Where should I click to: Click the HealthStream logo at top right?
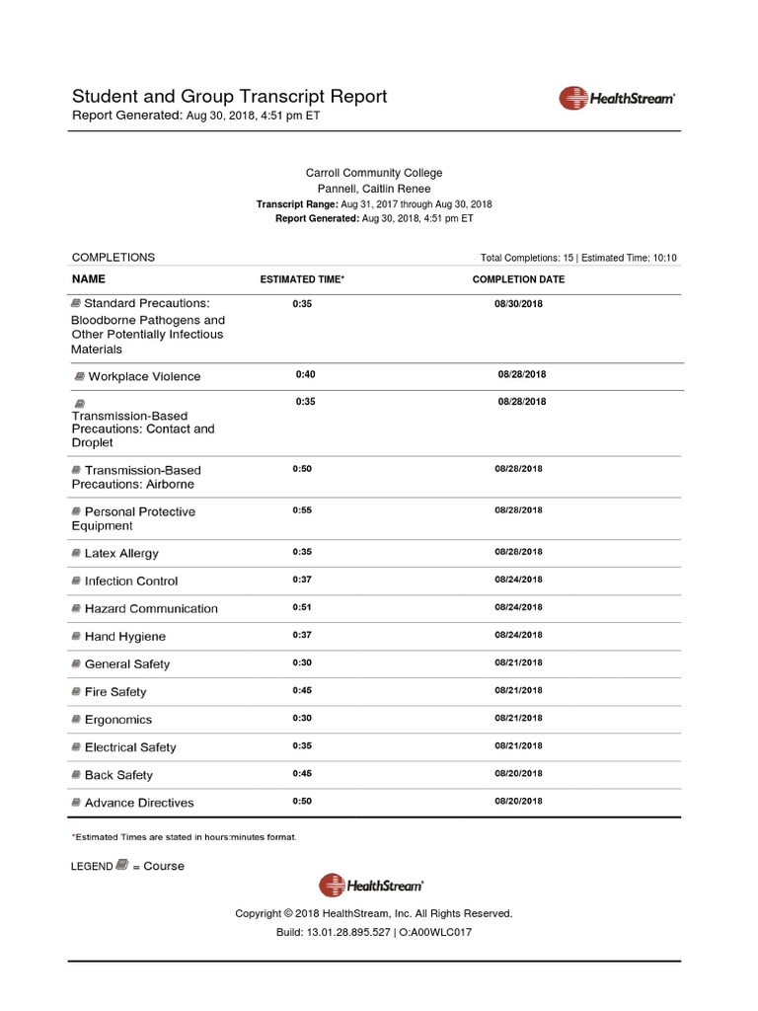617,98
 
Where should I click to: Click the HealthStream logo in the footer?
371,886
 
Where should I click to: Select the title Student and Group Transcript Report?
229,97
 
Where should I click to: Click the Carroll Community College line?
373,173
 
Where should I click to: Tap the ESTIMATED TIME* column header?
302,279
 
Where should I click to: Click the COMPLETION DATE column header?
518,279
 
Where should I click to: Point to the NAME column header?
89,279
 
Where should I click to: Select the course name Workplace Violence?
144,376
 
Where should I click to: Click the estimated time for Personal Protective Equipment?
302,510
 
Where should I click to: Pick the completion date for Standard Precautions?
518,304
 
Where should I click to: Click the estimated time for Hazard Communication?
302,607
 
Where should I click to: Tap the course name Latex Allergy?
121,554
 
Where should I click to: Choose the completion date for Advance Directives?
518,801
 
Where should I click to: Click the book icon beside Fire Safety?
77,692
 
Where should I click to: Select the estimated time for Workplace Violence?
305,375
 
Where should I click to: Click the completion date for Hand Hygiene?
518,635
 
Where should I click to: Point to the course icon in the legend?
121,865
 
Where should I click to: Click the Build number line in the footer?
373,932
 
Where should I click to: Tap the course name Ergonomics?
118,720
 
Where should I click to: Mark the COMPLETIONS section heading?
114,257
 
